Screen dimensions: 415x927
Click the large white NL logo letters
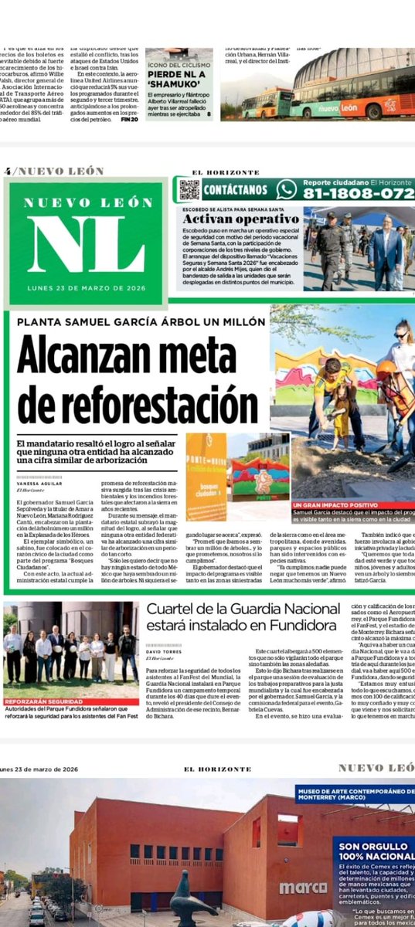point(87,243)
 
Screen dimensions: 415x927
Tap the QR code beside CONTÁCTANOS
point(189,189)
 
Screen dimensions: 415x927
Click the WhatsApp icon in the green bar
point(286,189)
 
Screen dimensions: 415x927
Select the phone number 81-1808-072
point(356,194)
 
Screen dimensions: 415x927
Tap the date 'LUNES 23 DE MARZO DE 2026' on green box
point(87,290)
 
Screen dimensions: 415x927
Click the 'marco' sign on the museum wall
point(303,888)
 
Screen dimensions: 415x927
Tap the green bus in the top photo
point(270,103)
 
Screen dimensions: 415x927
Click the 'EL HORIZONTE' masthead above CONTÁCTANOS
point(217,171)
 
